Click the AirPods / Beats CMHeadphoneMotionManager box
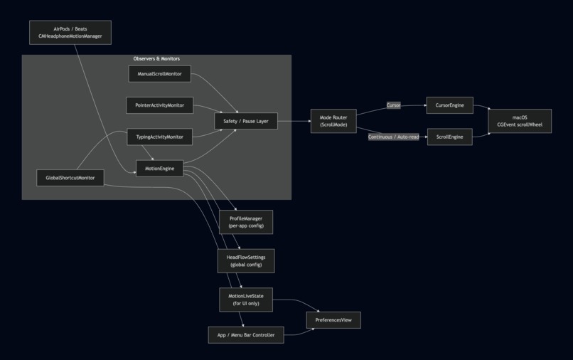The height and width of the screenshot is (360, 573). (70, 33)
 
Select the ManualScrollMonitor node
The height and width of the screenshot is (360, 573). (160, 73)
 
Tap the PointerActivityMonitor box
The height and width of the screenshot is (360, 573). (160, 105)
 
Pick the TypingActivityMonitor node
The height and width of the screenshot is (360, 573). (160, 137)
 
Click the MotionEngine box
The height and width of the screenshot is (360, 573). (160, 169)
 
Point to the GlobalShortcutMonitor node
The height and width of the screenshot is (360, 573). (70, 178)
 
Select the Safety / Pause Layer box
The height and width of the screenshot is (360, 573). (246, 121)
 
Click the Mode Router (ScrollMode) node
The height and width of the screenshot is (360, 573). (333, 121)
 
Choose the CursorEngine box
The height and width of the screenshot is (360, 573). (449, 105)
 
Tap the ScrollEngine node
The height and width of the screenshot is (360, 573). (449, 137)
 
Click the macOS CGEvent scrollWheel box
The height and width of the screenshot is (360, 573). (520, 121)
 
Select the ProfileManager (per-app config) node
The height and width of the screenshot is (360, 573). (246, 222)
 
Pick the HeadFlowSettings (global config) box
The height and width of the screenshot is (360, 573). (246, 261)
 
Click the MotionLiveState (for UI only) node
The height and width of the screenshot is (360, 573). (246, 300)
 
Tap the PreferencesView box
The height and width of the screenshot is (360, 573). (333, 319)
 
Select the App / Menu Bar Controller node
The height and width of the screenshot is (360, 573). (246, 335)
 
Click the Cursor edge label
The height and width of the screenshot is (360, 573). (394, 105)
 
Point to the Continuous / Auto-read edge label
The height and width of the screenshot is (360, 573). (394, 137)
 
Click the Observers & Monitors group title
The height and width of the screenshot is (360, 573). (156, 58)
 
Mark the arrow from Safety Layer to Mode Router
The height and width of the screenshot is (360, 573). (294, 121)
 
